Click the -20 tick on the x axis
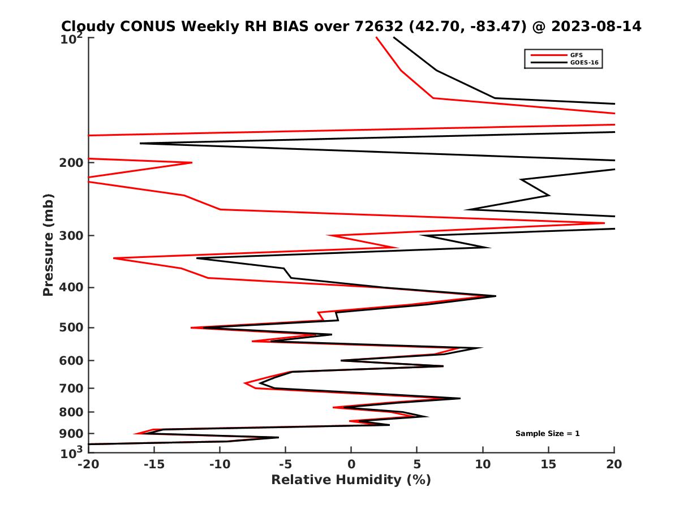87,464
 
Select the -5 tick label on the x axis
285,464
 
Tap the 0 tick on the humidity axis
351,464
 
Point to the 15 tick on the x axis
548,464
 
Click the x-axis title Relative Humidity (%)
351,480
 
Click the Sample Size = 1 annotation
547,434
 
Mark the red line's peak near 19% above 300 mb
604,223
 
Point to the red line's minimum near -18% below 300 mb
114,258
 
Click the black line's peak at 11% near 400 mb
496,296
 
